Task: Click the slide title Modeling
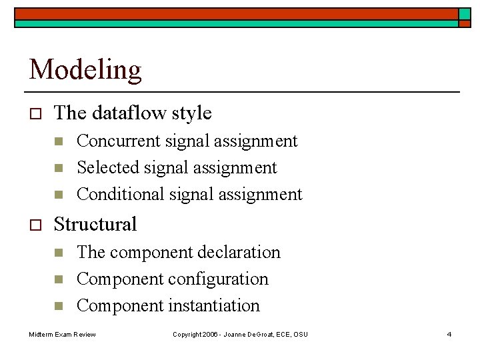85,69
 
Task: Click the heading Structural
95,224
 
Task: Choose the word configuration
227,279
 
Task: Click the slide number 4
449,334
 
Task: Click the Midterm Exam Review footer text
62,334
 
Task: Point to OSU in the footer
301,334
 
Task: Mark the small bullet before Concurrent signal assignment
59,141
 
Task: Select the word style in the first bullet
191,113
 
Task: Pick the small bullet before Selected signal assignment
59,168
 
